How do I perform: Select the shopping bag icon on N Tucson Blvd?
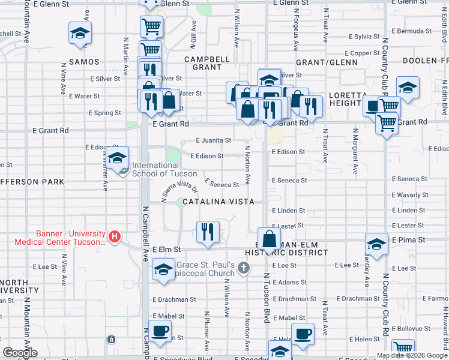click(270, 238)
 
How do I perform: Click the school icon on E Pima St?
click(376, 244)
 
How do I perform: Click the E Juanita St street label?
click(214, 140)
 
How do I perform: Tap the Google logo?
click(20, 352)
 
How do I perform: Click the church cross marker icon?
click(244, 266)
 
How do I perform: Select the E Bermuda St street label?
click(411, 31)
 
